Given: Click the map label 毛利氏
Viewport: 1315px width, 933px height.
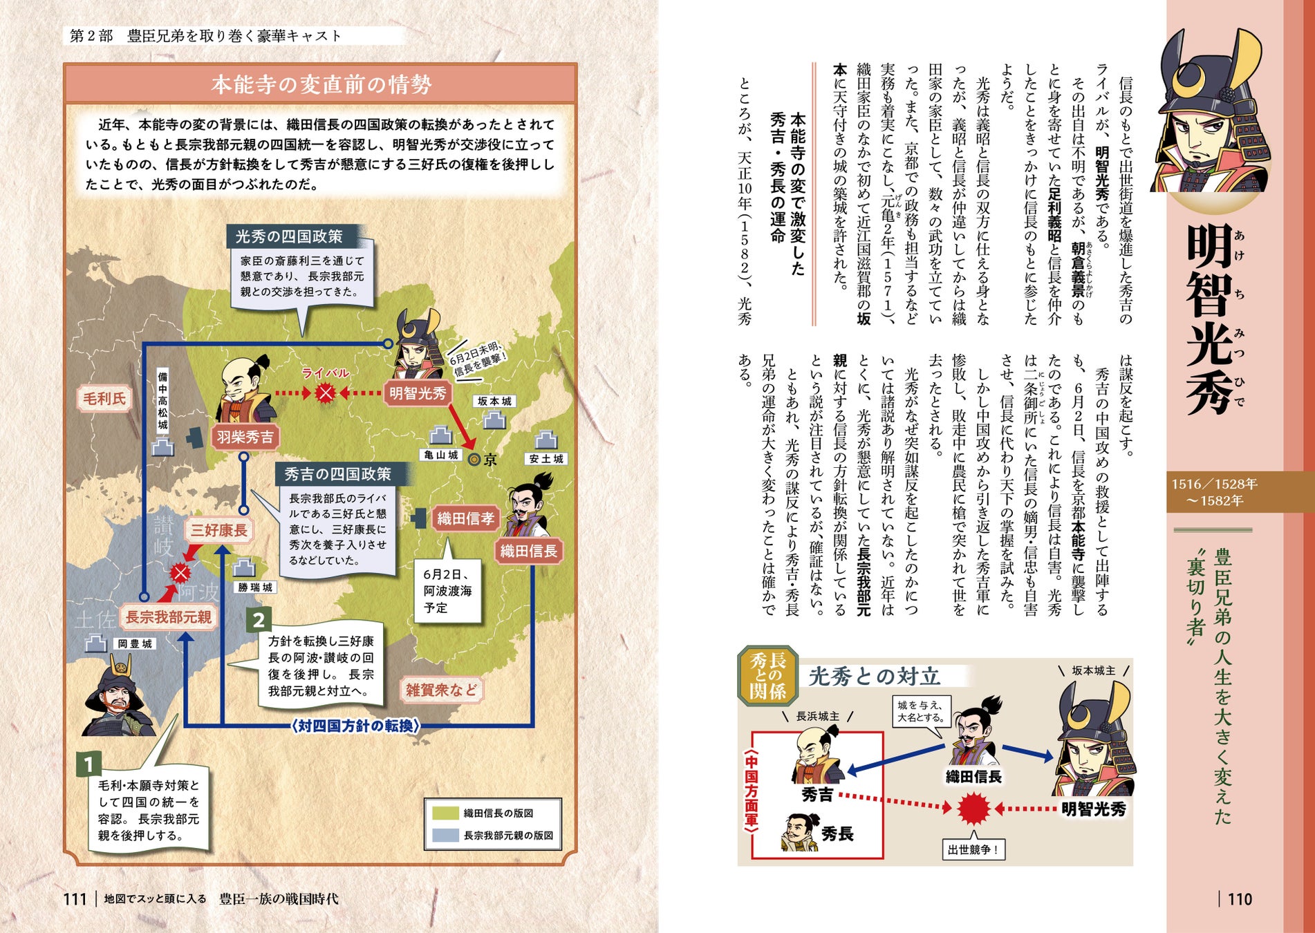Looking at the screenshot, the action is coord(104,399).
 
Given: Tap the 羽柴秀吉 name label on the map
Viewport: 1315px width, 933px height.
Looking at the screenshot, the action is coord(245,437).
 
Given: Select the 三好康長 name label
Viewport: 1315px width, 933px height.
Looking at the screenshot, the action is coord(219,530).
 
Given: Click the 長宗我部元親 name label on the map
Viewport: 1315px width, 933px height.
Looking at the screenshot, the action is coord(168,616).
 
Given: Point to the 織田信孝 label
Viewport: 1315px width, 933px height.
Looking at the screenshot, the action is coord(465,518).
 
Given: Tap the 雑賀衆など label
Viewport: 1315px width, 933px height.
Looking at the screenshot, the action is coord(441,690).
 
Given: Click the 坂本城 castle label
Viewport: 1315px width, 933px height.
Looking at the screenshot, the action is coord(494,401).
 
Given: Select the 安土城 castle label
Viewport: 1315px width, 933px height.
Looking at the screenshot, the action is coord(546,458).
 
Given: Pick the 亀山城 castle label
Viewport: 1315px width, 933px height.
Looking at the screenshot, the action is coord(441,455).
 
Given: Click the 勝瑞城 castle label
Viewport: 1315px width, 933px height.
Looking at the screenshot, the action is coord(255,587).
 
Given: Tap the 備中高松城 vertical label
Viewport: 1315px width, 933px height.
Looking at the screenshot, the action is coord(162,401).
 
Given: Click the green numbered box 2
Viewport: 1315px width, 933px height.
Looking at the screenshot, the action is coord(259,619).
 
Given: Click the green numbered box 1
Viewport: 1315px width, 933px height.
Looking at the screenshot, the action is coord(88,764).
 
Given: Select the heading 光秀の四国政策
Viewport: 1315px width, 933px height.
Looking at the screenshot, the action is coord(289,236).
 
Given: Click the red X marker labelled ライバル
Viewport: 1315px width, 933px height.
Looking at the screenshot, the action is coord(325,393).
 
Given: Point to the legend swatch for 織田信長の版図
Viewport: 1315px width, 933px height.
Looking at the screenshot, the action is coord(445,813).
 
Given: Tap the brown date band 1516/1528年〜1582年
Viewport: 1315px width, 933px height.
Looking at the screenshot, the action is coord(1215,492).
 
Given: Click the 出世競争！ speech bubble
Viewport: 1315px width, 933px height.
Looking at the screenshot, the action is coord(973,849).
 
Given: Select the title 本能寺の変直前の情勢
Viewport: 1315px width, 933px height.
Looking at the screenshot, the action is coord(321,84).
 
